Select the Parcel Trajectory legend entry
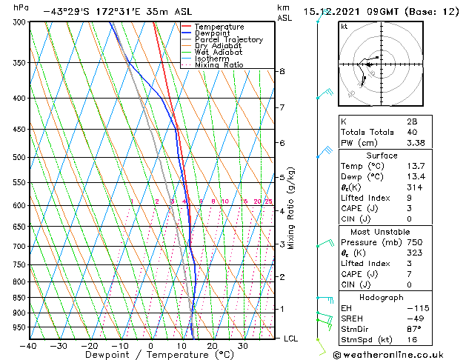228,40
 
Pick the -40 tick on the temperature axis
28,346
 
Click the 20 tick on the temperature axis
212,346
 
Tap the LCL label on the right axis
291,339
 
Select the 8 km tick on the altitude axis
282,71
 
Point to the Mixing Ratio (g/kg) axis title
291,208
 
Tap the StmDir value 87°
414,329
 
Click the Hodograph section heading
382,297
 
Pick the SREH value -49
412,319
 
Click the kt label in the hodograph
344,26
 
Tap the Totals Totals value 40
411,133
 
